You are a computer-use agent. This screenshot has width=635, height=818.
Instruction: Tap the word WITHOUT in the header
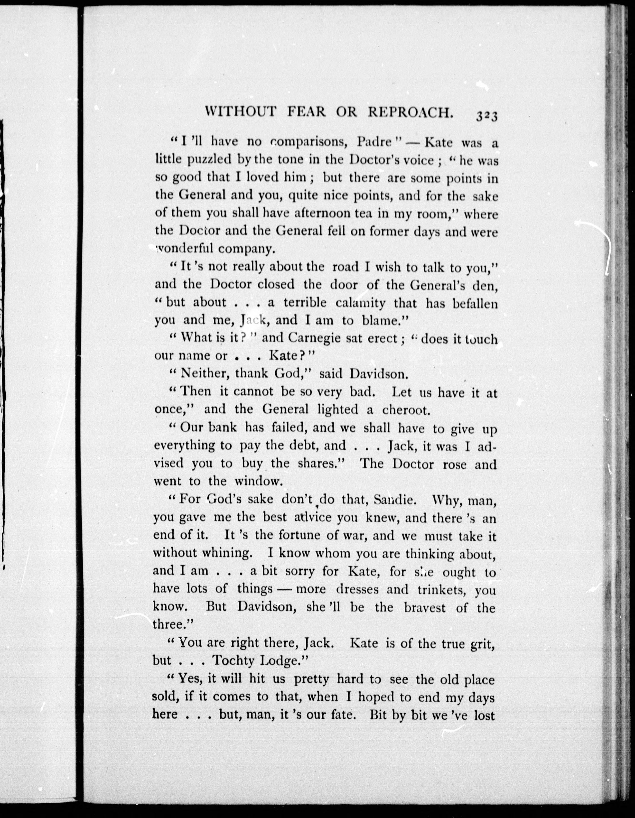(241, 112)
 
